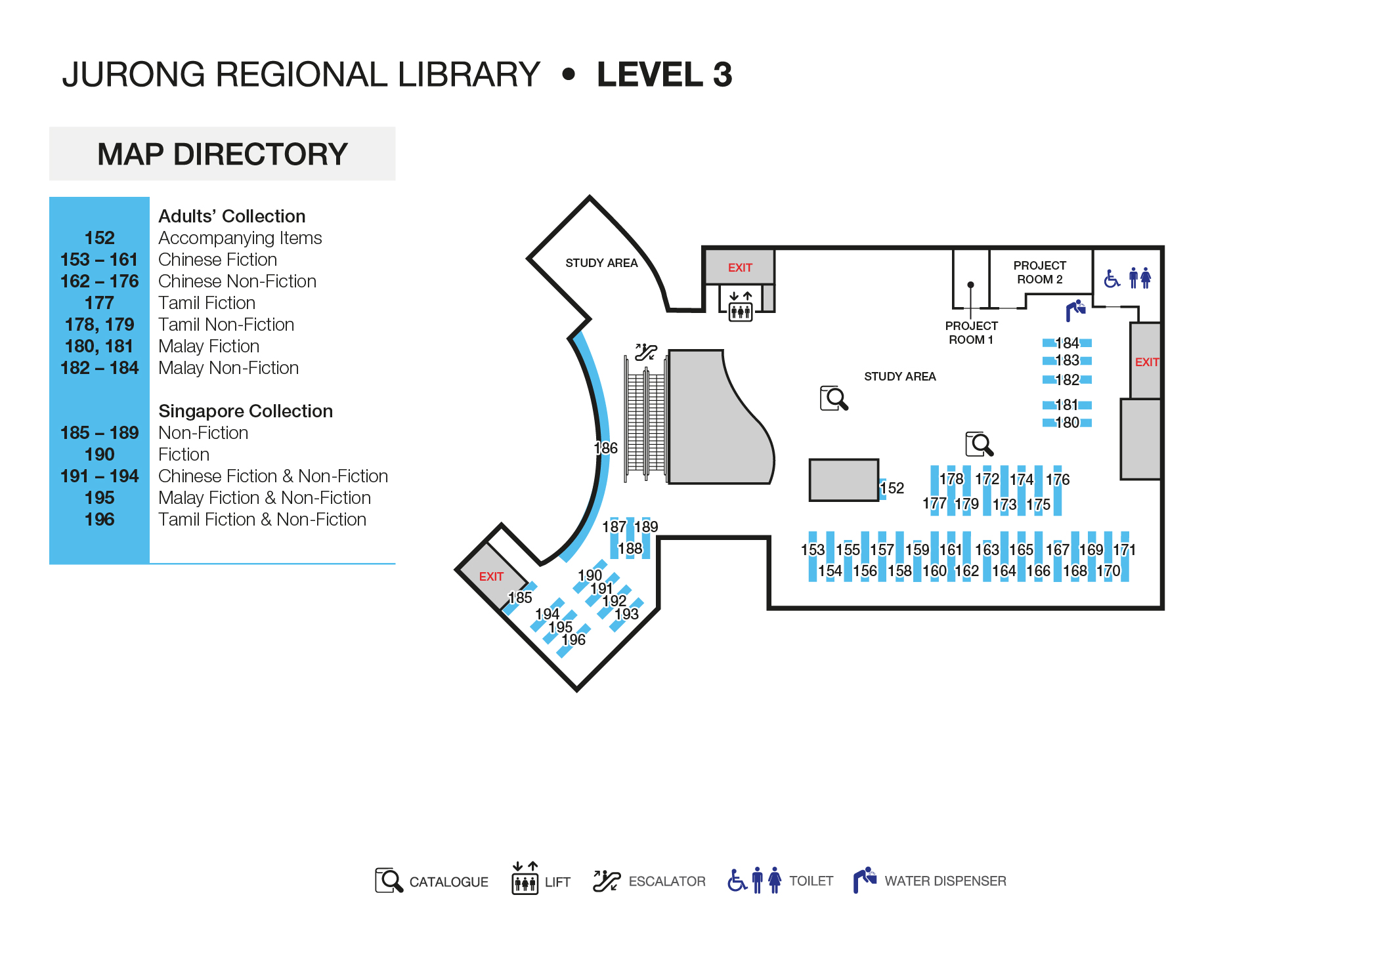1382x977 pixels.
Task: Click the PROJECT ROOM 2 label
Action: pos(1039,272)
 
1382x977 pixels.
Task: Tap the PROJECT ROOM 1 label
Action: pos(971,333)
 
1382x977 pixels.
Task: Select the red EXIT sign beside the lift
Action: pos(740,268)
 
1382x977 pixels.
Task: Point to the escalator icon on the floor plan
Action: pos(645,352)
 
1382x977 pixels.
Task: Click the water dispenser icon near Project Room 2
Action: pos(1075,310)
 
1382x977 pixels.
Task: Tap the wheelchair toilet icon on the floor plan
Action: pos(1112,279)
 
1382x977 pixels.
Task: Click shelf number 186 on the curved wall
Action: pos(605,448)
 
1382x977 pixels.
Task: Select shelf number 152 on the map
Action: pos(892,488)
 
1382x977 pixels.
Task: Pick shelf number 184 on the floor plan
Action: pos(1067,343)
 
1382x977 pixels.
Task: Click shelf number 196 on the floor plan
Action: pos(573,640)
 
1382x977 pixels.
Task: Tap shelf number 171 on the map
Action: pos(1124,550)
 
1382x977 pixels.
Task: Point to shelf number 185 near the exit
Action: pos(520,598)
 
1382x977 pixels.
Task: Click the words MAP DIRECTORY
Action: pos(222,154)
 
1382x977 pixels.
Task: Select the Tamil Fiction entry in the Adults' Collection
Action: pos(207,303)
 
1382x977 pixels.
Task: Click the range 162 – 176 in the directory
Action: pos(99,281)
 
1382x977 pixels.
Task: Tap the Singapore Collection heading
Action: pos(246,411)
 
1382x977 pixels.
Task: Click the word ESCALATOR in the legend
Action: pos(666,881)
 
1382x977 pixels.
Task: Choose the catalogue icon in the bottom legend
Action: pos(389,881)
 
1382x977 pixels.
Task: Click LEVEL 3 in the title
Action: pos(664,74)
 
